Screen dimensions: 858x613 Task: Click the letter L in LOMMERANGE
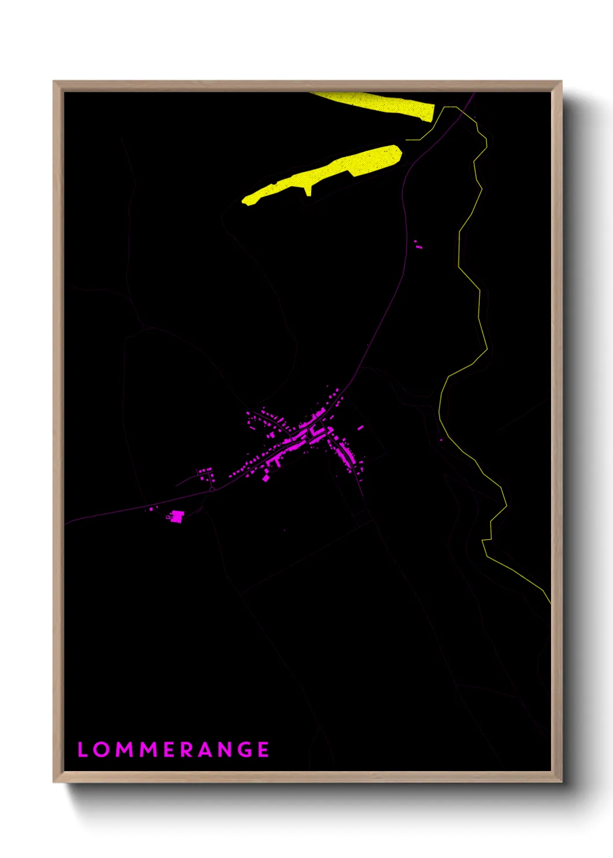click(82, 750)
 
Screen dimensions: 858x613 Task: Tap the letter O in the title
click(101, 750)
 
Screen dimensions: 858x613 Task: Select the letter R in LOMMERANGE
click(187, 750)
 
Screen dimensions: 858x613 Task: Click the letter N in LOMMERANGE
click(226, 750)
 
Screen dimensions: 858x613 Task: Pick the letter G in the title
click(245, 750)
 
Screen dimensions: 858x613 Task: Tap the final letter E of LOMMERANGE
click(264, 750)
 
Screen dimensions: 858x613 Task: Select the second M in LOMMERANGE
click(149, 750)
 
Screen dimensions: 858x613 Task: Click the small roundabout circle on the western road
click(212, 489)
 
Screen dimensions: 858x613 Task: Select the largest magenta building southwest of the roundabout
click(176, 516)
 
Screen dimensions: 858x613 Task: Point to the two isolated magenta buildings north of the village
click(418, 245)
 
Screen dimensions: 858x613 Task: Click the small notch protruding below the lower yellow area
click(308, 190)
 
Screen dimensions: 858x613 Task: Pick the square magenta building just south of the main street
click(266, 478)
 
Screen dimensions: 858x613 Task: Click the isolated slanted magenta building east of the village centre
click(360, 428)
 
